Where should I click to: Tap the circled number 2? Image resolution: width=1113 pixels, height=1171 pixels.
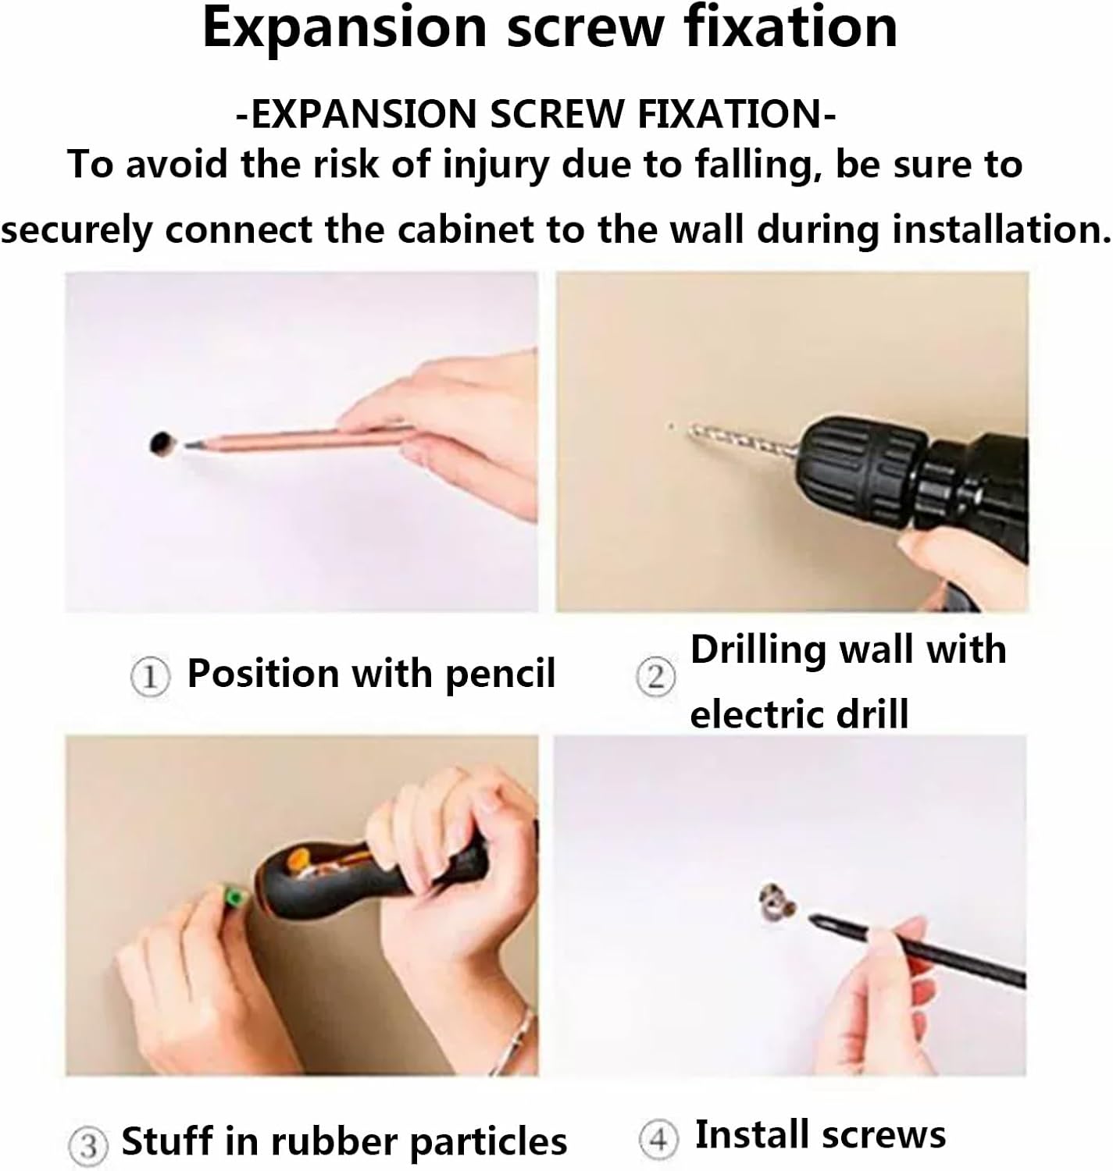pos(656,677)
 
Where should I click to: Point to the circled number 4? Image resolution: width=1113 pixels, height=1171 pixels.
pos(658,1139)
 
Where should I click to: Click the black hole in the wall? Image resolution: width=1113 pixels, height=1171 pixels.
pos(162,443)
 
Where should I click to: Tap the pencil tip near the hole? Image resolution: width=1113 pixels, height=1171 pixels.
pos(190,444)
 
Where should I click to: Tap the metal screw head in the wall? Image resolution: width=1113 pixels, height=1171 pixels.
pos(777,901)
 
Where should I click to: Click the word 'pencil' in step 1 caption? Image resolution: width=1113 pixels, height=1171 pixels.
pos(500,674)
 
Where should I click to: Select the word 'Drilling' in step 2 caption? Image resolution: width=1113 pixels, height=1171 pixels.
pos(757,650)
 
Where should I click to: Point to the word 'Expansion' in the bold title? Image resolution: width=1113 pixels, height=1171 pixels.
pos(344,30)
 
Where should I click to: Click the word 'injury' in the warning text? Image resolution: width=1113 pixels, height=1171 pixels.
pos(495,166)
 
